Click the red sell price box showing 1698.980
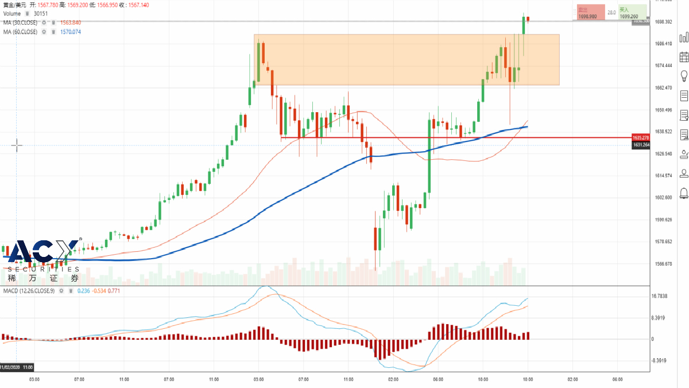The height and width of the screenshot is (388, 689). point(591,13)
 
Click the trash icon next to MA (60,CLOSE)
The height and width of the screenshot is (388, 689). point(53,32)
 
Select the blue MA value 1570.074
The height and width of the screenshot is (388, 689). point(71,32)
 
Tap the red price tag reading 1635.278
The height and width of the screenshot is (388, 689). point(640,138)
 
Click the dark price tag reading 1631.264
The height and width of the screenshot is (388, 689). point(640,145)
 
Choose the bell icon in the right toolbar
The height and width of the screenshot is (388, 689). point(684,193)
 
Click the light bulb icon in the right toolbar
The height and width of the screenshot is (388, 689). point(684,76)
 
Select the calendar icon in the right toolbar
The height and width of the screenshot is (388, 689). point(684,57)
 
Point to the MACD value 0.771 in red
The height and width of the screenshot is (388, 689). point(114,291)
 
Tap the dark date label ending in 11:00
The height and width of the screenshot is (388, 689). point(17,367)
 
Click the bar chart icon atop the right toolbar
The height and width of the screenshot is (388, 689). point(684,37)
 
